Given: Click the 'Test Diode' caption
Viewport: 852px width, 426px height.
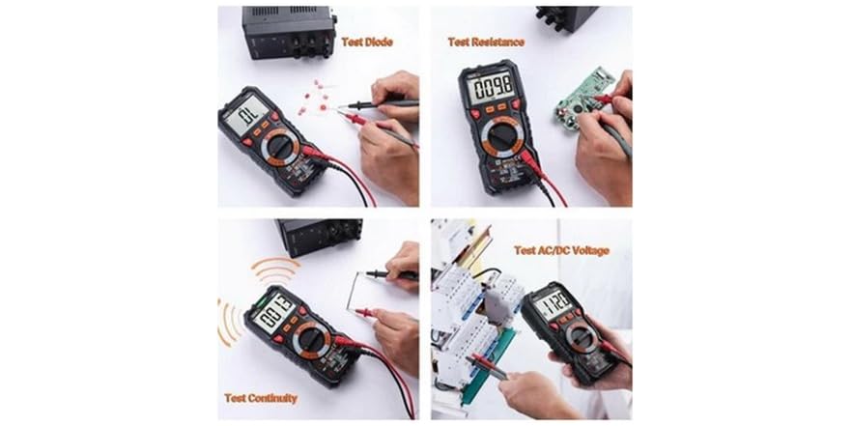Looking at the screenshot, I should coord(367,43).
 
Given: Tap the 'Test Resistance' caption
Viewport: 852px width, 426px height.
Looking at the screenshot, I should coord(486,42).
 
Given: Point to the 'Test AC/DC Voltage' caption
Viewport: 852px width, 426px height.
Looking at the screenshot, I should coord(561,250).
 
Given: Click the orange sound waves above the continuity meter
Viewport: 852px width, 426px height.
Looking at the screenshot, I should coord(275,269).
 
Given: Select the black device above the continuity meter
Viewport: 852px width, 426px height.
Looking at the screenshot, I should coord(319,235).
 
